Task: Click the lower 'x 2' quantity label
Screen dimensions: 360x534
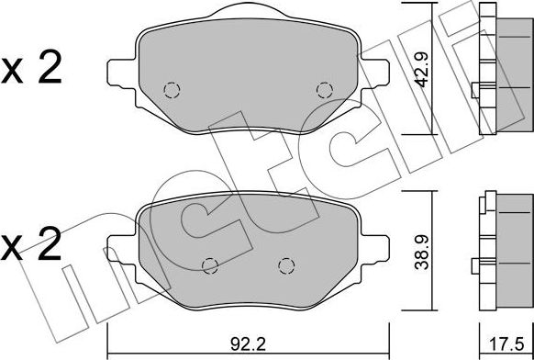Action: click(x=31, y=245)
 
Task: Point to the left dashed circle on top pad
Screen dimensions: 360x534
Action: click(x=171, y=90)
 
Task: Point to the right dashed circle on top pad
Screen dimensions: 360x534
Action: click(x=323, y=89)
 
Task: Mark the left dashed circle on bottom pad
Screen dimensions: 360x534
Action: click(x=209, y=265)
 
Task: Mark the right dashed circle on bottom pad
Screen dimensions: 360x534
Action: click(x=285, y=265)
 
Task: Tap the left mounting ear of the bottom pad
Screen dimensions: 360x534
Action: click(x=119, y=258)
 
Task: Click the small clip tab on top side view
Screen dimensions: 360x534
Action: click(x=477, y=89)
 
